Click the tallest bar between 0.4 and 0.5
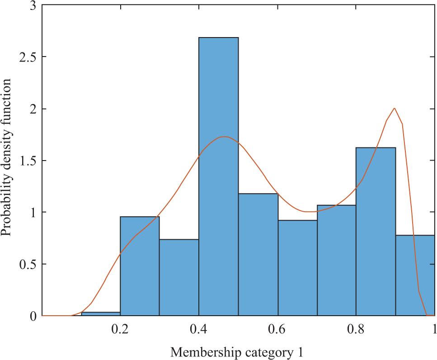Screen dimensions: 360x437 click(x=218, y=176)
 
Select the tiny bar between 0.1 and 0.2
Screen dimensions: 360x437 click(x=100, y=313)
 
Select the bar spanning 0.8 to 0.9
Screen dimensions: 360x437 click(x=376, y=231)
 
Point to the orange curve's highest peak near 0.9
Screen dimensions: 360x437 click(x=395, y=108)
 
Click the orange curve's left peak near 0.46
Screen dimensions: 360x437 click(x=224, y=137)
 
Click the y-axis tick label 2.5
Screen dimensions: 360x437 click(x=27, y=57)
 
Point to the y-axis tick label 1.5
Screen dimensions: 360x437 click(x=27, y=161)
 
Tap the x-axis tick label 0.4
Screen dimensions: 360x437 click(x=199, y=329)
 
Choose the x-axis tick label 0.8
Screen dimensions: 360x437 click(x=356, y=329)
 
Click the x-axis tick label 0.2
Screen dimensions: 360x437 click(x=120, y=329)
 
